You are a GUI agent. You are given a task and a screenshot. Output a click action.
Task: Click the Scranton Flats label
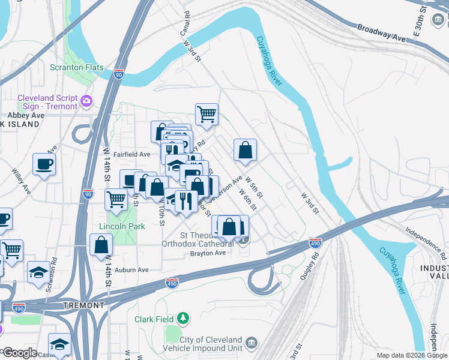[x=76, y=68]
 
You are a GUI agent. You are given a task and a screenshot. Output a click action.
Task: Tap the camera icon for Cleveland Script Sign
[x=87, y=101]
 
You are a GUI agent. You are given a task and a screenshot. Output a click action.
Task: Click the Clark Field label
[x=154, y=319]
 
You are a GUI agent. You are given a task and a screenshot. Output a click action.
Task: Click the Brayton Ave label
[x=208, y=253]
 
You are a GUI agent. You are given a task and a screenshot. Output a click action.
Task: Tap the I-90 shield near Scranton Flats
[x=119, y=74]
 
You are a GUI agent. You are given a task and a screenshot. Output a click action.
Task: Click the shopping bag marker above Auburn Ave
[x=101, y=245]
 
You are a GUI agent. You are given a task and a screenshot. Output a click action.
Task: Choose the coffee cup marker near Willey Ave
[x=44, y=164]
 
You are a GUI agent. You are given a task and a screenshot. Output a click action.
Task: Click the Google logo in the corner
[x=19, y=353]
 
